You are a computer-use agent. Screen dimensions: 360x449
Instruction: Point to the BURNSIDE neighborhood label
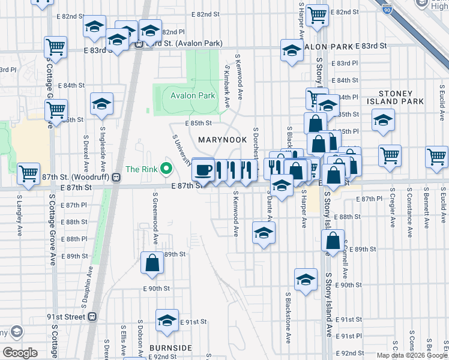click(171, 348)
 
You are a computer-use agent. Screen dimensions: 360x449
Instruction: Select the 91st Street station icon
click(92, 316)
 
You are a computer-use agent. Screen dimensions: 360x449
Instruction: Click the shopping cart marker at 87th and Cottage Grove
click(28, 173)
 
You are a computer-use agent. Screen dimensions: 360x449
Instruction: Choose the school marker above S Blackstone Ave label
click(306, 279)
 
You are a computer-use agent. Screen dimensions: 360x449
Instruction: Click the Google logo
click(20, 353)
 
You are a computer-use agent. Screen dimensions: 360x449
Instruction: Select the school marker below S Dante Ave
click(263, 233)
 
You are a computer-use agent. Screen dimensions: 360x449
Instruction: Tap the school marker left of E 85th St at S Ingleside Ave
click(102, 104)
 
